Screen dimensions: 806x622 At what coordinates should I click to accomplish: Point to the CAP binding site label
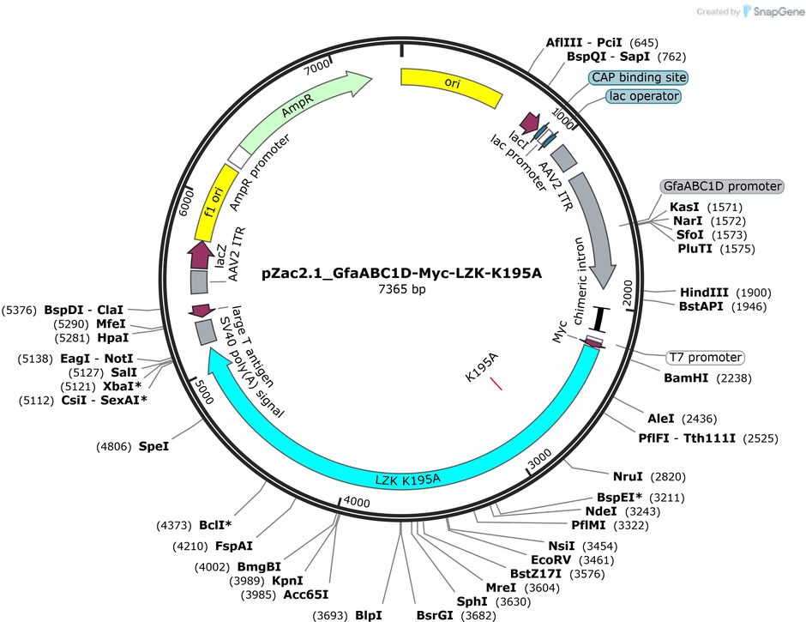pos(639,78)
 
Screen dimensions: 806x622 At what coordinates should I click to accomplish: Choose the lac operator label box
pos(644,96)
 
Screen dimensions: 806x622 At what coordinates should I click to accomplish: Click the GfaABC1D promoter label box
pos(722,186)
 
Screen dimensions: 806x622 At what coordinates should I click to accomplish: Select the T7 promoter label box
pos(705,357)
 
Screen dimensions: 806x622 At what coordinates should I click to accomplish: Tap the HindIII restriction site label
pos(704,293)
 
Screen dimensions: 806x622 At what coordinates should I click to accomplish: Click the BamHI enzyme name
pos(686,378)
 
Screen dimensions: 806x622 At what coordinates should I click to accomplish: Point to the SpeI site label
pos(153,447)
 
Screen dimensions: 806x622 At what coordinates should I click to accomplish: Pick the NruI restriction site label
pos(628,477)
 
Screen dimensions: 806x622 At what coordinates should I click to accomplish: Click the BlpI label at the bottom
pos(369,615)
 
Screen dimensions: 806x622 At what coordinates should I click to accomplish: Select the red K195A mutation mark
pos(496,383)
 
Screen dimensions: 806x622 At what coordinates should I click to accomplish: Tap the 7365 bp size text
pos(402,289)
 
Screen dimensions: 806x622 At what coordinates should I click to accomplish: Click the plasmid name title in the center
pos(401,273)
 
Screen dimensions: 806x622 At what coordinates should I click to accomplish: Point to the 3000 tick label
pos(539,458)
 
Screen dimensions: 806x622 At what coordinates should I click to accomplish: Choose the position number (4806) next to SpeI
pos(114,447)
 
